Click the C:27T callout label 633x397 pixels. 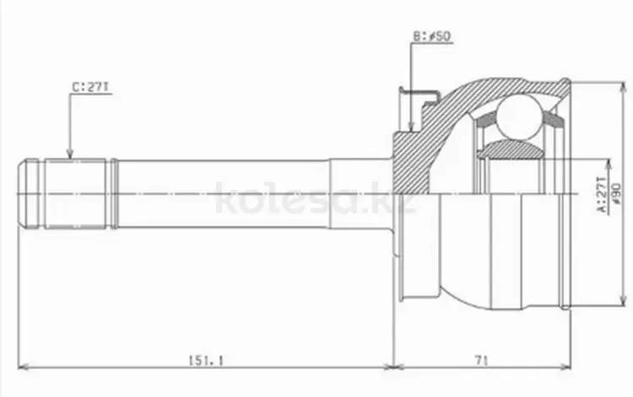tap(90, 88)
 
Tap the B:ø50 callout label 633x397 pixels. tap(431, 36)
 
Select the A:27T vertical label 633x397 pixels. tap(601, 194)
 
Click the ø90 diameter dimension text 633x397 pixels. tap(616, 193)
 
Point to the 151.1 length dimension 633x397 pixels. tap(206, 360)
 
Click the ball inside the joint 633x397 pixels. tap(519, 117)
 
